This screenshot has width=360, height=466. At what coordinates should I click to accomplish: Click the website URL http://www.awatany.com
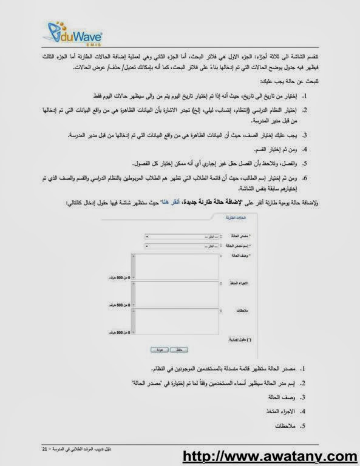pos(270,456)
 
